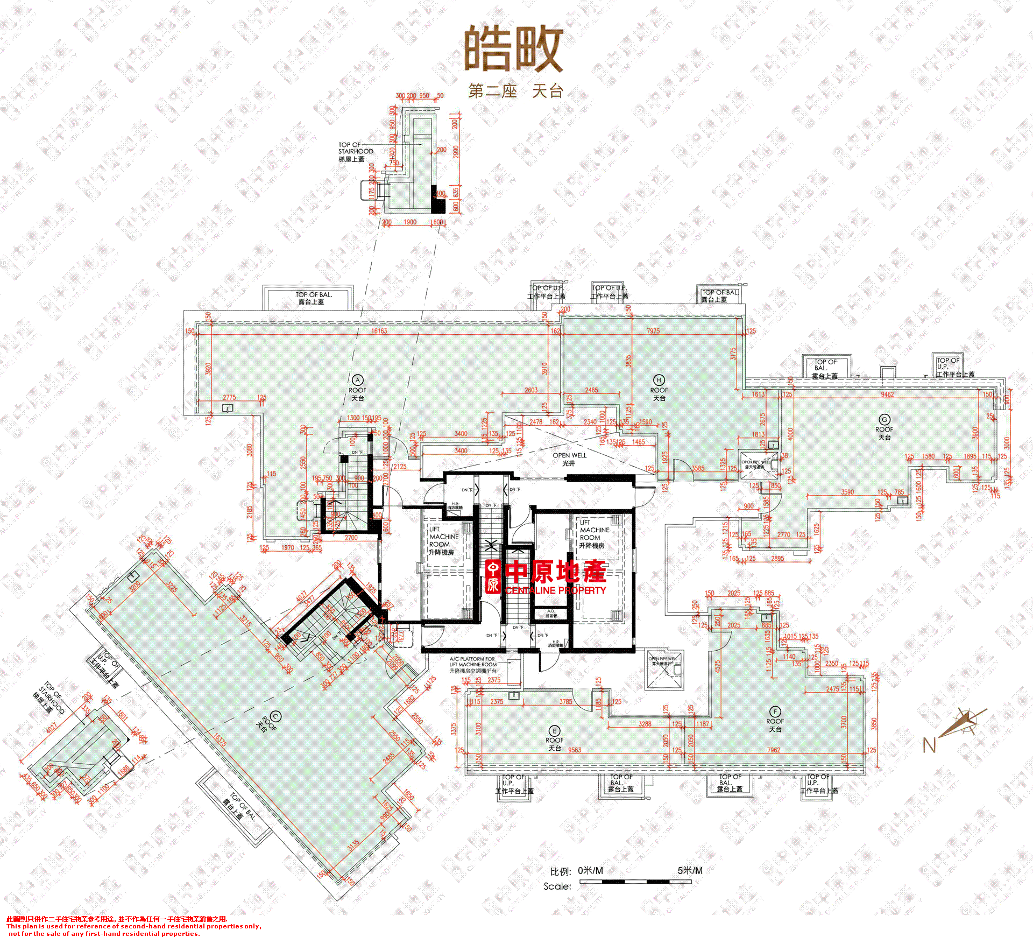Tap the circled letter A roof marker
(x=357, y=380)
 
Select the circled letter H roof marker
(x=659, y=380)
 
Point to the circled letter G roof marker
(x=885, y=419)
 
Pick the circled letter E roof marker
(x=555, y=731)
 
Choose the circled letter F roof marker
(x=775, y=711)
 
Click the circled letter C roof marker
(x=275, y=716)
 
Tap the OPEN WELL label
(x=569, y=455)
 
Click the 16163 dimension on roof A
(x=379, y=331)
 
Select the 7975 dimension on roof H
(x=653, y=331)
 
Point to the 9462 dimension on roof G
(x=887, y=394)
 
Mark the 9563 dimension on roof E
(x=575, y=750)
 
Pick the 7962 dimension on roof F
(x=774, y=750)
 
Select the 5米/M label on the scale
(x=690, y=870)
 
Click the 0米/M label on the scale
(x=590, y=870)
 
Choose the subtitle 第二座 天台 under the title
(x=515, y=91)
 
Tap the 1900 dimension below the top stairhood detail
(x=410, y=222)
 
